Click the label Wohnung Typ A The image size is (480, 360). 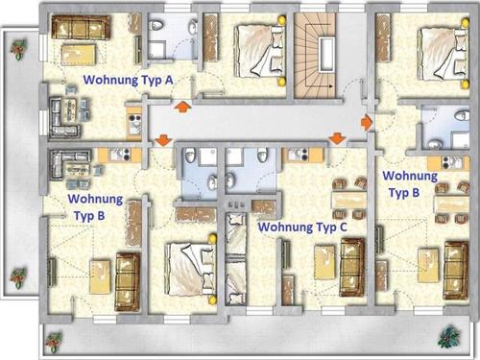point(128,80)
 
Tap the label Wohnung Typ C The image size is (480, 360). point(302,228)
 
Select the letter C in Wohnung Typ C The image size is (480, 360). point(343,227)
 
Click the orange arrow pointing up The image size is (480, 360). point(182,107)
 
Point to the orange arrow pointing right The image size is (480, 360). point(367,123)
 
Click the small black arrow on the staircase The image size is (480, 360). point(330,86)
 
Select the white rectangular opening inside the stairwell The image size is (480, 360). point(326,54)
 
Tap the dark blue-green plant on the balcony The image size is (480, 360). point(449,336)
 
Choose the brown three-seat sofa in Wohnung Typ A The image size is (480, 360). point(81,28)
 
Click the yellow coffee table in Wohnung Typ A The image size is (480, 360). point(79,55)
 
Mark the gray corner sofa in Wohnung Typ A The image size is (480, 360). point(63,117)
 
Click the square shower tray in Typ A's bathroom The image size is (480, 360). point(156,51)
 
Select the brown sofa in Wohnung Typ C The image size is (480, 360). point(352,267)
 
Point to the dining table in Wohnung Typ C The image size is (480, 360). point(349,200)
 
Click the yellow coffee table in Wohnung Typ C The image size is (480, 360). point(325,262)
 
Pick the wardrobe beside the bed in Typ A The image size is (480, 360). point(211,38)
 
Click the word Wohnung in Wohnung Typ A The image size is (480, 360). point(110,80)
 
